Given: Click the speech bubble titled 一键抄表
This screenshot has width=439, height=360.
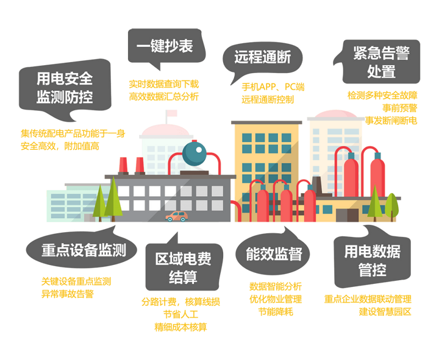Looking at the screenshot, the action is point(166,46).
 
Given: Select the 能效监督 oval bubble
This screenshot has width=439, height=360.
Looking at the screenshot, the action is point(273,253).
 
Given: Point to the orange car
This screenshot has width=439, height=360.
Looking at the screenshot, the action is point(177,216).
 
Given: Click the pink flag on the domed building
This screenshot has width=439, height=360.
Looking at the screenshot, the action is point(172,113).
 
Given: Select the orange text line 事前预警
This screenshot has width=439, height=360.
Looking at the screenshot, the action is point(399,108).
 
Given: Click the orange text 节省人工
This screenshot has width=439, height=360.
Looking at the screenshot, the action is point(180,314).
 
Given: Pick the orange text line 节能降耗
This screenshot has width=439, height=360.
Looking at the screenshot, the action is point(276,312).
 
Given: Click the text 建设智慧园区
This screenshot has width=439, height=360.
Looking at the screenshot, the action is point(385,312).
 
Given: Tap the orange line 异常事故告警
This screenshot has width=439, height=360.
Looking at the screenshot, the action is point(68,294).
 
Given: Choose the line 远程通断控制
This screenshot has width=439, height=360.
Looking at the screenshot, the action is point(268,99).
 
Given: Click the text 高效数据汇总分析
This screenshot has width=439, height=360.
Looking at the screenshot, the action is point(164,96).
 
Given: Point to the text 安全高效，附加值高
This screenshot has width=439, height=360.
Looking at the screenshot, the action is point(60,146).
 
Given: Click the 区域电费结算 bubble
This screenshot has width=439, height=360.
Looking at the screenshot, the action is point(184,267).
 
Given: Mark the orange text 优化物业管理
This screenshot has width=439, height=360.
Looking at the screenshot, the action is point(276,299).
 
